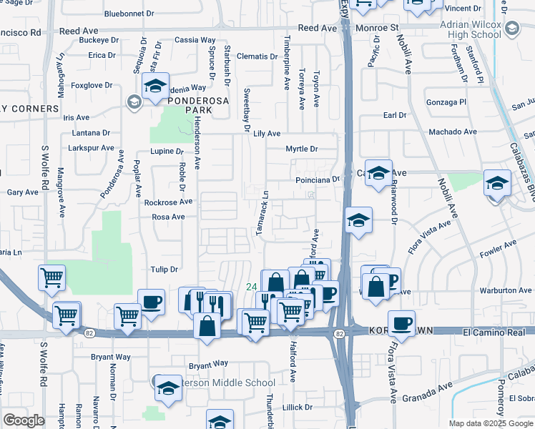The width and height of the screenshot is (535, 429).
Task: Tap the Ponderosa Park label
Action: point(190,105)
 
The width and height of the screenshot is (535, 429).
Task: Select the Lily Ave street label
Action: point(267,134)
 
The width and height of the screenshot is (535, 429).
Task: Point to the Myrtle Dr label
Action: point(301,149)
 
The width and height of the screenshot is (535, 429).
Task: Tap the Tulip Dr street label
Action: point(163,269)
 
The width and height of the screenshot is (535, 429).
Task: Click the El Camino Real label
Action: point(498,331)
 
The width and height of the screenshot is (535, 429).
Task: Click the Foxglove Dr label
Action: point(92,85)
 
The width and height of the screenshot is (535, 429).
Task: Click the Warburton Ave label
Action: point(506,290)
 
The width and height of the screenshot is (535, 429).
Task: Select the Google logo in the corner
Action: point(24,420)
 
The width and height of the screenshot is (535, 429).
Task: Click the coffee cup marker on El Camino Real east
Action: point(401,322)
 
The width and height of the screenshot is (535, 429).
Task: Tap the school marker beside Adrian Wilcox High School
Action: point(512,28)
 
